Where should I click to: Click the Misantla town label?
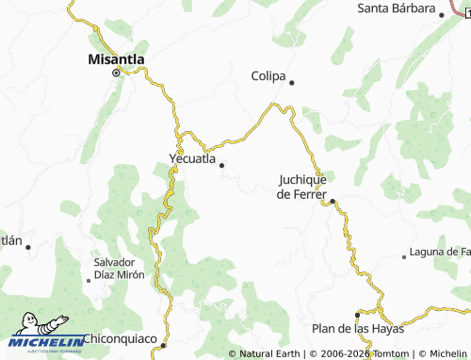click(116, 58)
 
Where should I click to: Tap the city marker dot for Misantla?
click(117, 73)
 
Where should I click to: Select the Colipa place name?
click(268, 75)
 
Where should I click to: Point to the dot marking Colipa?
click(292, 82)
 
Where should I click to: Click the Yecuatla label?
click(192, 158)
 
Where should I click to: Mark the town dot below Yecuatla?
click(222, 166)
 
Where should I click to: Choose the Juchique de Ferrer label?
click(302, 186)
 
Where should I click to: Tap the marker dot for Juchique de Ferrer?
click(333, 200)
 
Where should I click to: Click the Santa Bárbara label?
click(395, 8)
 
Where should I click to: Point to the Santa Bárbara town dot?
click(442, 14)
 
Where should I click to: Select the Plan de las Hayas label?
click(357, 329)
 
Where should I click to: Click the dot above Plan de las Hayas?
click(357, 316)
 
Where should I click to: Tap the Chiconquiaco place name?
click(121, 338)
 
